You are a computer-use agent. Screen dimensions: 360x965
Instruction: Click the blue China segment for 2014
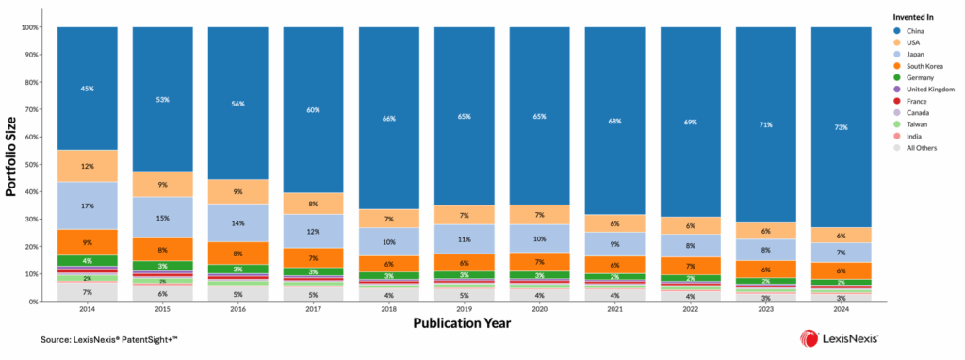(87, 89)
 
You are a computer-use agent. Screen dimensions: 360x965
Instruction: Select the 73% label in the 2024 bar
(841, 127)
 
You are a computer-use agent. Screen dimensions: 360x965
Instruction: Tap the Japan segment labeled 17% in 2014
(87, 205)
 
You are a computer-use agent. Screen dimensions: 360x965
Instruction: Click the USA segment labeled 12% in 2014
(87, 166)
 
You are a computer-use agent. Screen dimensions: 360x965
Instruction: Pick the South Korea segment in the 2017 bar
(313, 257)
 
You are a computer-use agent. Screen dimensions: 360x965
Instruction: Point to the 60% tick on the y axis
(30, 138)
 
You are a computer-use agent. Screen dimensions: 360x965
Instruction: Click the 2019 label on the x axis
(464, 309)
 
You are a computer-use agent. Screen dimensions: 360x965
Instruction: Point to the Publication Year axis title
(464, 323)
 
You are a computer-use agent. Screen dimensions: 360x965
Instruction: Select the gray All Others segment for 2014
(87, 291)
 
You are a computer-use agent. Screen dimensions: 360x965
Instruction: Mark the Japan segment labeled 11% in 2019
(464, 239)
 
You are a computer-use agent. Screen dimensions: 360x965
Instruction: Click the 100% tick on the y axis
(28, 27)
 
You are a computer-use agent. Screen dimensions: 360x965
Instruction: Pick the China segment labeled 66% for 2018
(388, 118)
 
